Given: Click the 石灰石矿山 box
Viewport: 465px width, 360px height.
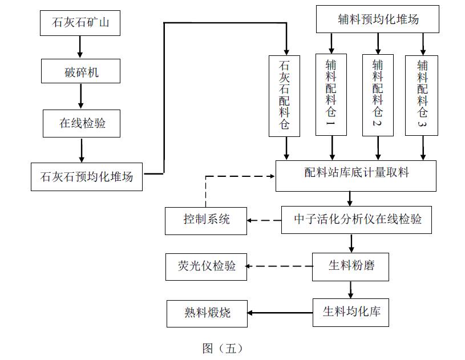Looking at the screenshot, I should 80,23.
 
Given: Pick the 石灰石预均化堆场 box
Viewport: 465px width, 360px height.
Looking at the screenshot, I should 87,176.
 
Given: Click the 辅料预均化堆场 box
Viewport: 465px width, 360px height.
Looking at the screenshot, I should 378,19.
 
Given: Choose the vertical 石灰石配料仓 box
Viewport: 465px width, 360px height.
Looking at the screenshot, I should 285,95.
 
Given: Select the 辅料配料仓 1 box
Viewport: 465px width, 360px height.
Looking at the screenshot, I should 331,95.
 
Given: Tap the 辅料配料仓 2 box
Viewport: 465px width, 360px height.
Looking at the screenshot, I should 377,95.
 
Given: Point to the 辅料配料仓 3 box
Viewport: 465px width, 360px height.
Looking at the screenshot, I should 422,95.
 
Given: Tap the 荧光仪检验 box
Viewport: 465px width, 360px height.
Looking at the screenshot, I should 206,266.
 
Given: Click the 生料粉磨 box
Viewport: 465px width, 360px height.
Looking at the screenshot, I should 351,266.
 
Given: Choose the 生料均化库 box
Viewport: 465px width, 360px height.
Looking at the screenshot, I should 351,312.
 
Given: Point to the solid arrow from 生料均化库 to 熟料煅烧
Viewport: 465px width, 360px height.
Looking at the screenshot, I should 280,312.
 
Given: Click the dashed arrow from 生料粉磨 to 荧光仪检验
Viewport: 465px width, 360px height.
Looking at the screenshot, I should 280,266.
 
